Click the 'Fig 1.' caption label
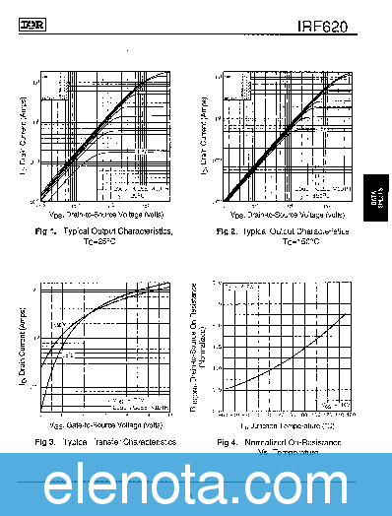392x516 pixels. pos(45,231)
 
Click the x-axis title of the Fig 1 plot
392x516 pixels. pos(106,214)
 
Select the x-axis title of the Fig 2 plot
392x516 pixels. pos(287,214)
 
